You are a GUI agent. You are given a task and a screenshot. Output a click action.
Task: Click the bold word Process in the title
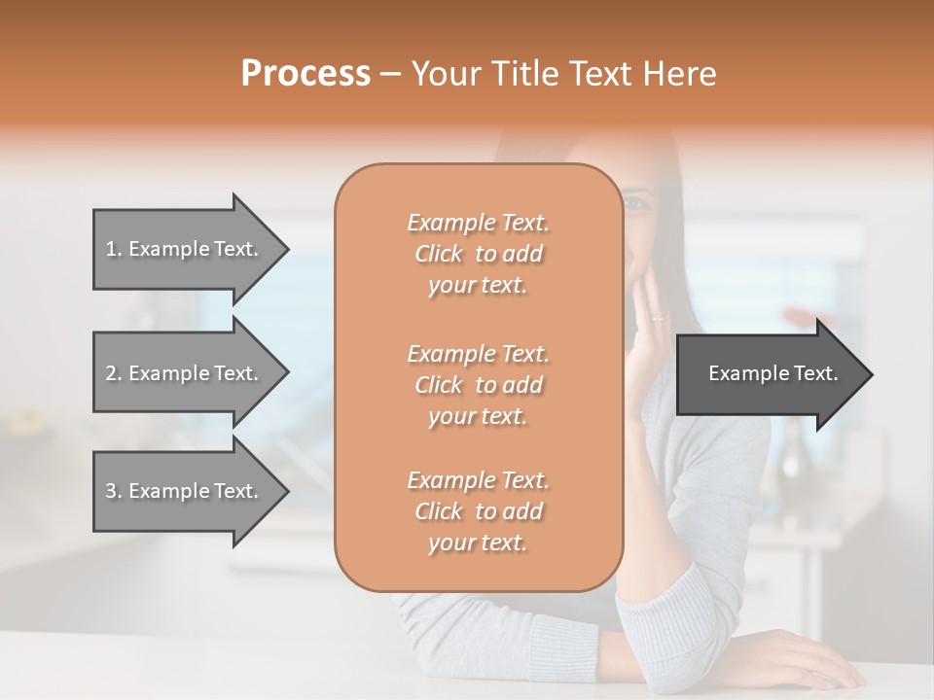[305, 74]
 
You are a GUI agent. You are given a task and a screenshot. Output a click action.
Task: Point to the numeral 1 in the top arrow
[110, 249]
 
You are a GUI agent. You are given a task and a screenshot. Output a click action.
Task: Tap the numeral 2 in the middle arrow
[111, 373]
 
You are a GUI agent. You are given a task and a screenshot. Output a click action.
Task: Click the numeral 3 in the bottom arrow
[111, 491]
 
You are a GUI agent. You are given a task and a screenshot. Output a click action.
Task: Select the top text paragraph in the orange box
[478, 254]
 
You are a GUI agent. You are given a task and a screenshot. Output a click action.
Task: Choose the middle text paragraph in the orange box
[478, 385]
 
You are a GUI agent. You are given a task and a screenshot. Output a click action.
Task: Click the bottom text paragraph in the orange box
[478, 511]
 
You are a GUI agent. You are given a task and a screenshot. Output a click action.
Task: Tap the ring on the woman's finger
[659, 317]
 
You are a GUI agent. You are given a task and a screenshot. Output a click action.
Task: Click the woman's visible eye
[635, 203]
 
